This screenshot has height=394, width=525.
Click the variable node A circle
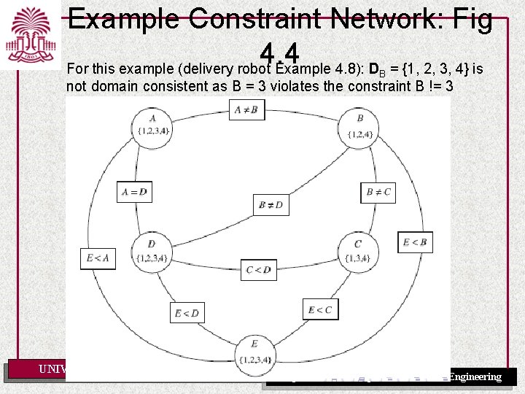point(152,125)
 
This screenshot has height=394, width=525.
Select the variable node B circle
point(360,125)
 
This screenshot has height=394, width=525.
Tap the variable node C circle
point(357,250)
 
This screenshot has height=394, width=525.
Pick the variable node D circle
point(152,250)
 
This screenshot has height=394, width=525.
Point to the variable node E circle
point(254,351)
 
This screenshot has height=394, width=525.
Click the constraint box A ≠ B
point(249,110)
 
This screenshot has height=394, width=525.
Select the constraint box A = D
point(134,192)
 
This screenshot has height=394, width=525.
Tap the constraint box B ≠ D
point(270,206)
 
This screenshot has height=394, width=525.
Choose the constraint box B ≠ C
point(378,193)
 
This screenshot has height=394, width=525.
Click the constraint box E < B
point(415,242)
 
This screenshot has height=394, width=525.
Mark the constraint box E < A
point(98,258)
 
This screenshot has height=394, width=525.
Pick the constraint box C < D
point(259,270)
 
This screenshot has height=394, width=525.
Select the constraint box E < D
point(187,312)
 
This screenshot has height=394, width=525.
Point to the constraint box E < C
point(320,309)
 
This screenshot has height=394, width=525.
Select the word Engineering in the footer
point(475,376)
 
